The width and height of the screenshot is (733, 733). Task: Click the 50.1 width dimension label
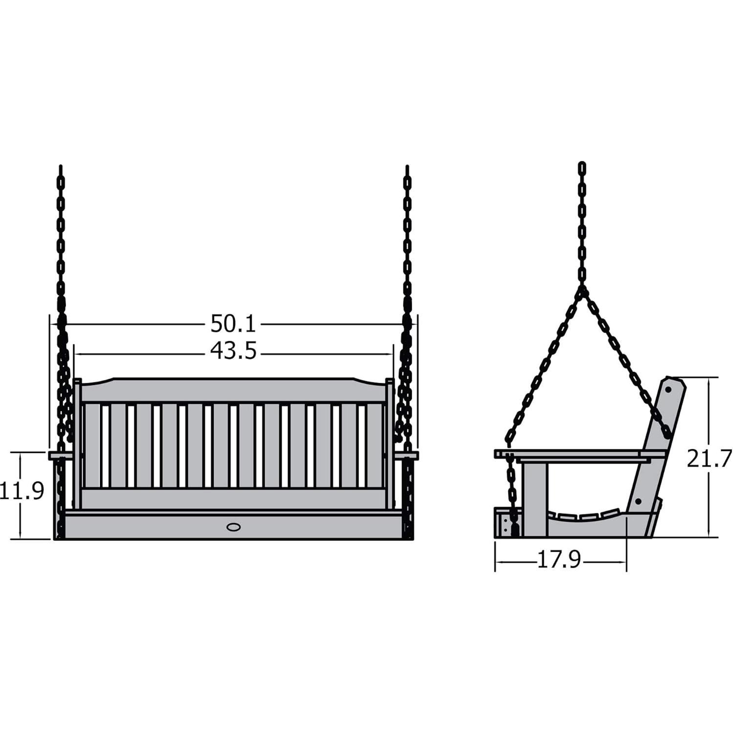point(233,324)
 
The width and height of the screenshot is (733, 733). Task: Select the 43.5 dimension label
point(233,351)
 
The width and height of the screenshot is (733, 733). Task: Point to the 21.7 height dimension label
point(709,458)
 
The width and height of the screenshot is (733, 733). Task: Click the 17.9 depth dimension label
point(559,559)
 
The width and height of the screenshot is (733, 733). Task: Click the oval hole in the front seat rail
point(234,527)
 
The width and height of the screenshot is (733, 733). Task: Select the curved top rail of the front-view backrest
point(233,390)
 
